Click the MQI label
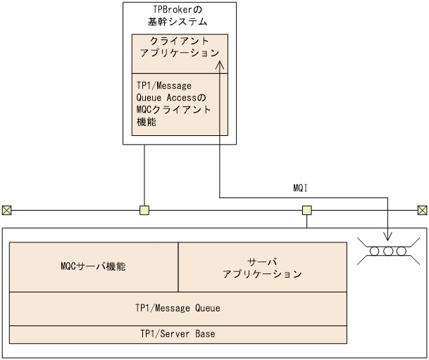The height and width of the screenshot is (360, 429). tap(301, 188)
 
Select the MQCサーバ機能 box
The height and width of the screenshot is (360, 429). tap(94, 267)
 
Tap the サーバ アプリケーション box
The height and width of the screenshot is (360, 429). tap(262, 267)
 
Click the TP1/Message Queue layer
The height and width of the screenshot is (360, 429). tap(178, 308)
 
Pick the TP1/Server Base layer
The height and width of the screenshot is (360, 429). tap(178, 333)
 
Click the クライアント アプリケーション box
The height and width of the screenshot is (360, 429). tap(179, 47)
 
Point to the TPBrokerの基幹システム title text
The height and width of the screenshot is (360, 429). tap(178, 15)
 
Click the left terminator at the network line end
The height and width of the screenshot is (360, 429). tap(6, 210)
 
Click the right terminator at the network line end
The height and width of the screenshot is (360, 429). tap(422, 210)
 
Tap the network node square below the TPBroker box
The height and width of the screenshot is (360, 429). tap(144, 210)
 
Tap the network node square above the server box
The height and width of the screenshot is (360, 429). tap(307, 210)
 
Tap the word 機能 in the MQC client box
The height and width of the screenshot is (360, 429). tap(147, 122)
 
